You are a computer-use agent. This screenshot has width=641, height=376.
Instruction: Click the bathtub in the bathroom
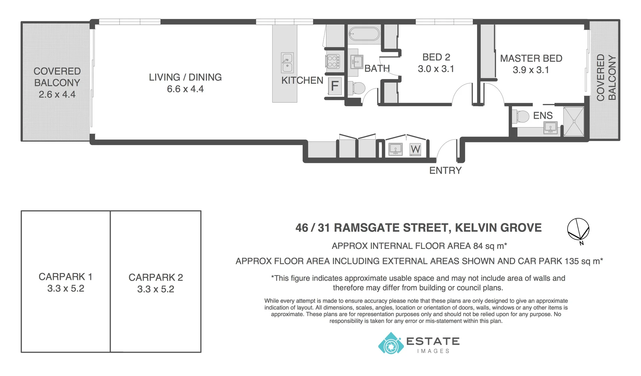pos(364,34)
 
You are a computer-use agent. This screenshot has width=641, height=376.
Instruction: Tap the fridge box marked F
pos(335,86)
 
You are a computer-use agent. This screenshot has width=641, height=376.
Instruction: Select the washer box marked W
pos(415,149)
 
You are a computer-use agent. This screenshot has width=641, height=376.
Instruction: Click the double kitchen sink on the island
pos(287,63)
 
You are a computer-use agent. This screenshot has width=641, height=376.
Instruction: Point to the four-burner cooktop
pos(333,62)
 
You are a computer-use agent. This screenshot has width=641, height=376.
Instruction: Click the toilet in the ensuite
pos(521,116)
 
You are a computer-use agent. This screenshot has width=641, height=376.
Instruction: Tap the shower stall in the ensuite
pos(573,121)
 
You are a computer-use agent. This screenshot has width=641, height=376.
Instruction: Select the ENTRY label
pos(445,171)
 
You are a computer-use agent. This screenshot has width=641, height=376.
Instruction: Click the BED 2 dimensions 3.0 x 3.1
pos(436,69)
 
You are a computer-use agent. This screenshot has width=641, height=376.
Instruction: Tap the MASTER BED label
pos(531,58)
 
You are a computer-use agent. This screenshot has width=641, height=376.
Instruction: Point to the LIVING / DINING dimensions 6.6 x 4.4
pos(185,89)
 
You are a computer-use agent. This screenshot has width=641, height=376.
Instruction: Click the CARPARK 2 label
pos(156,277)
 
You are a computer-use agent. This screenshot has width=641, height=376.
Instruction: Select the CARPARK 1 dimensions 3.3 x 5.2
pos(66,289)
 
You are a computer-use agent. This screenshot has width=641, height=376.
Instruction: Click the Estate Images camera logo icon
pos(391,344)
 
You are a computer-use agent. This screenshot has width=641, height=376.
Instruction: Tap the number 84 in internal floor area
pos(478,246)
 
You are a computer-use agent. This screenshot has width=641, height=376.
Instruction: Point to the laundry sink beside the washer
pos(395,149)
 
